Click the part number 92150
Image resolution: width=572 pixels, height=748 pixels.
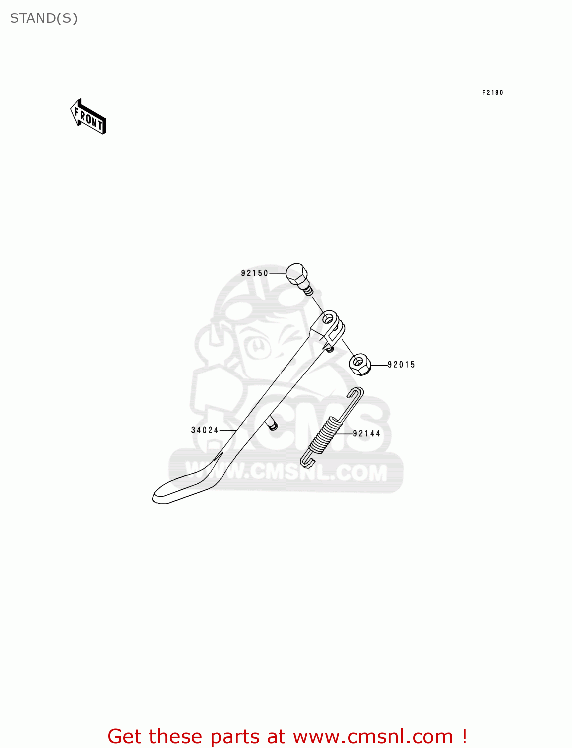click(255, 273)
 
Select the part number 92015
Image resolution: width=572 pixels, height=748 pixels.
click(401, 365)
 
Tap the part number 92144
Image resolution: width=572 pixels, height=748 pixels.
click(367, 434)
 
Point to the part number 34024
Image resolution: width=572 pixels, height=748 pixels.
click(205, 430)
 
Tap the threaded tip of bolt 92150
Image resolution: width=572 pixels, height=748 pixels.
click(308, 290)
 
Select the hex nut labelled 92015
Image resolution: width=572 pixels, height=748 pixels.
click(360, 365)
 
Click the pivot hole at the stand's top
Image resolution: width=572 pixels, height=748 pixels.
click(329, 318)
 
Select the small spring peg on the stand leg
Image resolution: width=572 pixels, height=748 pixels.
click(272, 426)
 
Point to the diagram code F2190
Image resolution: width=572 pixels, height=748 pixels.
click(492, 93)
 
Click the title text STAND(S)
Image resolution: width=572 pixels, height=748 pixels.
click(44, 18)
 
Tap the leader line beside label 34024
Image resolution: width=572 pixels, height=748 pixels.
click(228, 430)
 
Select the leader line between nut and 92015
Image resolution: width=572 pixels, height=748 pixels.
click(379, 365)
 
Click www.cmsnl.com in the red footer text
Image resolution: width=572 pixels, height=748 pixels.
click(373, 736)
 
